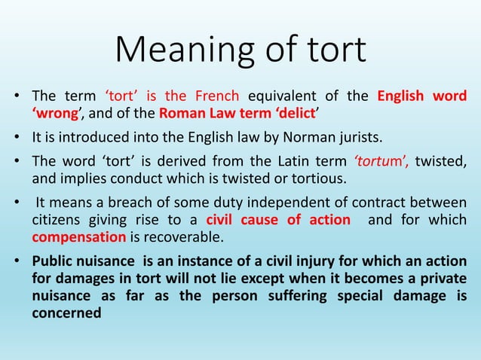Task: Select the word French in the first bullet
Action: (x=215, y=97)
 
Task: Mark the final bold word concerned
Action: (x=66, y=313)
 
